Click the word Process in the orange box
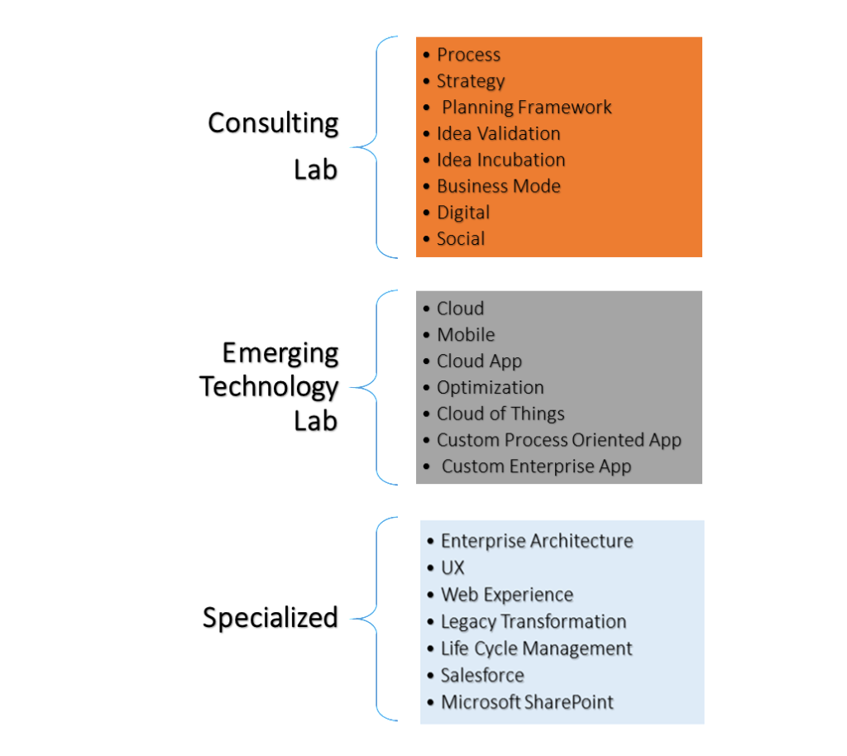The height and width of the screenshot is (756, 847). click(468, 55)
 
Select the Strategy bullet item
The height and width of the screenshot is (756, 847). click(470, 82)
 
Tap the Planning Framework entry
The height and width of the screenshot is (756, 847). click(526, 108)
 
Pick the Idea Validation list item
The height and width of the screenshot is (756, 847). click(498, 134)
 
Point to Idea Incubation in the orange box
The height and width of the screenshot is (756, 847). click(500, 160)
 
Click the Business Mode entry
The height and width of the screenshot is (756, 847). click(498, 187)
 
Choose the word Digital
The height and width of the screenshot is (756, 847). click(463, 213)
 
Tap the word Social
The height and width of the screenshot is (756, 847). click(461, 239)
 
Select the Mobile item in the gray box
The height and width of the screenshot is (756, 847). click(466, 335)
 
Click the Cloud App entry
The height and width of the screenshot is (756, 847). click(479, 361)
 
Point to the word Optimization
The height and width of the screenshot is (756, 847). click(490, 388)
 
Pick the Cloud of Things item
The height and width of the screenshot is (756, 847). click(500, 414)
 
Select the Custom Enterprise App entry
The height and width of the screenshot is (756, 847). click(536, 467)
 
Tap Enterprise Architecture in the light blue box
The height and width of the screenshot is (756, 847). click(536, 542)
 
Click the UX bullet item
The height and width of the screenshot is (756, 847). click(452, 568)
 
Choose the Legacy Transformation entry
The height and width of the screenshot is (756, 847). click(533, 622)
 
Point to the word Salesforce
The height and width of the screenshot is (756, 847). click(482, 676)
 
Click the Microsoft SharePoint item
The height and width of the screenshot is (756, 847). click(527, 703)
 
